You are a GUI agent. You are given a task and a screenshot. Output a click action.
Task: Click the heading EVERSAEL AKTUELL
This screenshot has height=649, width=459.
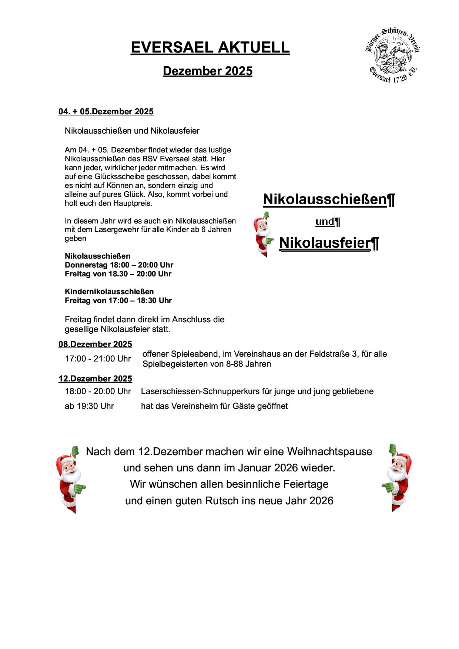coord(210,47)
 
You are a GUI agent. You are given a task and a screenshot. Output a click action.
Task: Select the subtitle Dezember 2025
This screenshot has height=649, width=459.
coord(207,71)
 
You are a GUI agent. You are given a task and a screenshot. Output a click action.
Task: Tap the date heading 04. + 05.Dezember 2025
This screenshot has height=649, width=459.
coord(106,111)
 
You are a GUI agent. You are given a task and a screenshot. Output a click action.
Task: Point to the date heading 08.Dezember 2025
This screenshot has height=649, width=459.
coord(95,344)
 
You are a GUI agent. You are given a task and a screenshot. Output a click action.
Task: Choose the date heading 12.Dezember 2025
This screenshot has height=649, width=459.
coord(95,379)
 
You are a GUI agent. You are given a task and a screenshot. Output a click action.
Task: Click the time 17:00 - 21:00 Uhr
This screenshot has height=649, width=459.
coord(98,359)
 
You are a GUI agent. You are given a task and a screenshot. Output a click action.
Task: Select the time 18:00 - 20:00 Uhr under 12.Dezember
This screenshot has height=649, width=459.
coord(98,391)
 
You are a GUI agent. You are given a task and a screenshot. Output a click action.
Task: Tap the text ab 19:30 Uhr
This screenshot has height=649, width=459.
coord(89,406)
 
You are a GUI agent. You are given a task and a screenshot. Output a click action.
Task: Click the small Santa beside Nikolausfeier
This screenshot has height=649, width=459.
coord(262,235)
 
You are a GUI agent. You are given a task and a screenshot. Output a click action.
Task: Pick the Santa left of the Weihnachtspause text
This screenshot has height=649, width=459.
coord(70,479)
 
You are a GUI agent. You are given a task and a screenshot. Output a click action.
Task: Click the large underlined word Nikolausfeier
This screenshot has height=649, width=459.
coord(325,243)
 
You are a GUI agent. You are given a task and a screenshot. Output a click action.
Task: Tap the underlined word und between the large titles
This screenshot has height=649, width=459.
coord(324,222)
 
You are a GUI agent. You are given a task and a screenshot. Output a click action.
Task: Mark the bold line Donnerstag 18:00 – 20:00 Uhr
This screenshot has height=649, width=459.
coord(119,265)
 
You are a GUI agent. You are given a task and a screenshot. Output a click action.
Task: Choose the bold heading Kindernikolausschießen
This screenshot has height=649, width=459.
coord(109,292)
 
